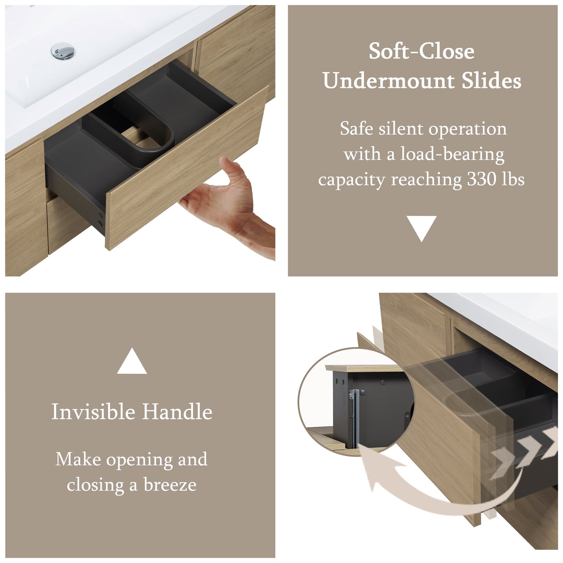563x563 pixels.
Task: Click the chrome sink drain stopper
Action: click(x=63, y=51)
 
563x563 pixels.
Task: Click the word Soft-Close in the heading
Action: click(x=421, y=51)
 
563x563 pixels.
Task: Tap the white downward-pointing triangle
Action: click(x=421, y=229)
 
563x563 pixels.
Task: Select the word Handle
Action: click(x=177, y=412)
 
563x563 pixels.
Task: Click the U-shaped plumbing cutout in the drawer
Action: click(x=146, y=133)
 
